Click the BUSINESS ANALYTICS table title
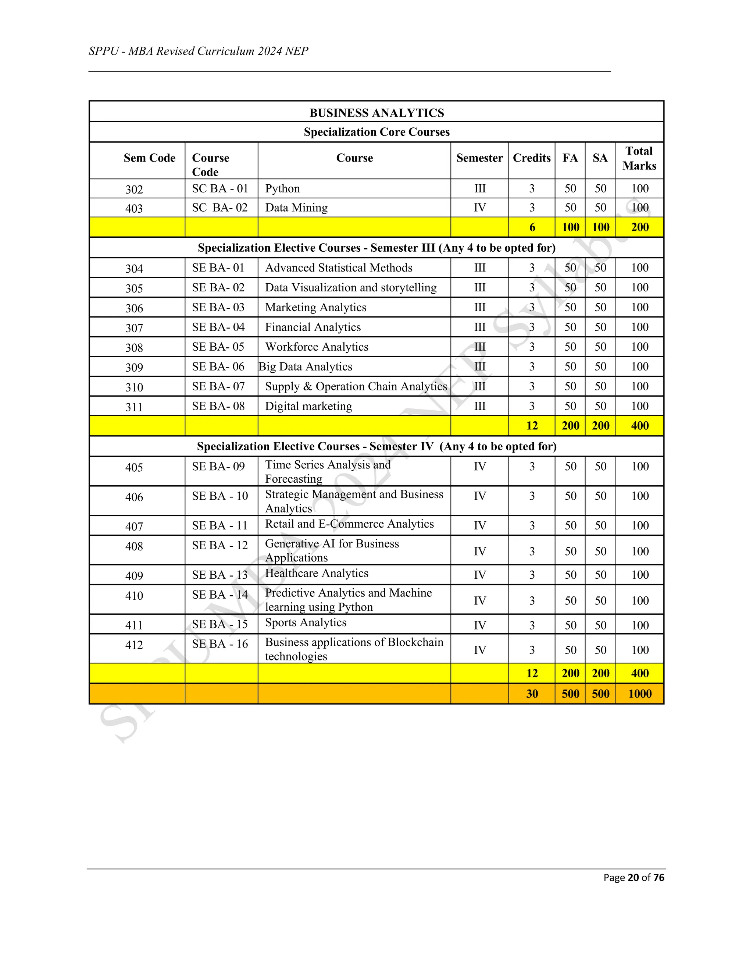pos(376,113)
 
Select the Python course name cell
pos(282,188)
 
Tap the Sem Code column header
pos(149,158)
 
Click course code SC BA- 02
pos(220,208)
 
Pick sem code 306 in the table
pos(134,308)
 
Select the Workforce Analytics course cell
pos(316,347)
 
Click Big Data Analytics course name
pos(306,366)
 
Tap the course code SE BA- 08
pos(218,406)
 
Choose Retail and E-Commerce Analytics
pos(349,524)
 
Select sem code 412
pos(134,645)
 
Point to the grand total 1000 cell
pos(639,694)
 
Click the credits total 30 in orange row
pos(532,694)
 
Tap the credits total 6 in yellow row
pos(532,227)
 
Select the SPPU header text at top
pos(199,52)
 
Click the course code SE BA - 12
pos(220,546)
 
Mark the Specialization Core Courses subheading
pos(376,132)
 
